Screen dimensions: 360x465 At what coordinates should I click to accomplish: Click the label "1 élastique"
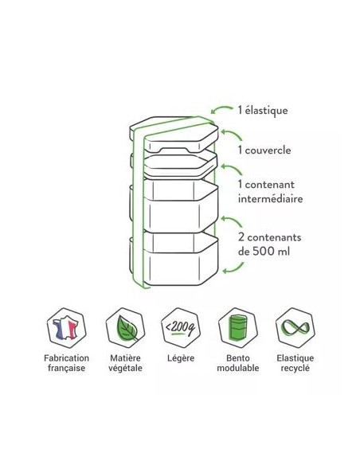(263, 111)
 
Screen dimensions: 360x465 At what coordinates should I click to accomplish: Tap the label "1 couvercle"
(264, 150)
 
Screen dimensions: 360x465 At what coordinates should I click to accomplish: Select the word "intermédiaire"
(270, 198)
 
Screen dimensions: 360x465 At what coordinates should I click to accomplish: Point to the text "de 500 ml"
(264, 252)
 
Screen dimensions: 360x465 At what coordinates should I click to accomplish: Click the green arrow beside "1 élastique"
(221, 108)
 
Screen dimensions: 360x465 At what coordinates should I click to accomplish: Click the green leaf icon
(127, 328)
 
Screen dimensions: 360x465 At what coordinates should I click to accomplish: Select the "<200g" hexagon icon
(181, 328)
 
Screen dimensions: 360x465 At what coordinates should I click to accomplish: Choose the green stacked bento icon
(238, 328)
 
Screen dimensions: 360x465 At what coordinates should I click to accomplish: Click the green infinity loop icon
(295, 328)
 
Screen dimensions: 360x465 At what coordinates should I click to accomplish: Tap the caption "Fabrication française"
(66, 363)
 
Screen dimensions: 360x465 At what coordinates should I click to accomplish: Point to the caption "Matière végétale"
(125, 363)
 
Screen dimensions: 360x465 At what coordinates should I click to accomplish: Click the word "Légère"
(181, 358)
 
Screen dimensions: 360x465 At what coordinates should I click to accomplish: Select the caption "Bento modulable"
(238, 363)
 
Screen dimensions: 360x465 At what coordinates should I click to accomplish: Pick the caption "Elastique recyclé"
(295, 363)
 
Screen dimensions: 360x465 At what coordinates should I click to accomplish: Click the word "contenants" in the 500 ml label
(274, 237)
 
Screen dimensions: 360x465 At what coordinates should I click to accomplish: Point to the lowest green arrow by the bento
(233, 268)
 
